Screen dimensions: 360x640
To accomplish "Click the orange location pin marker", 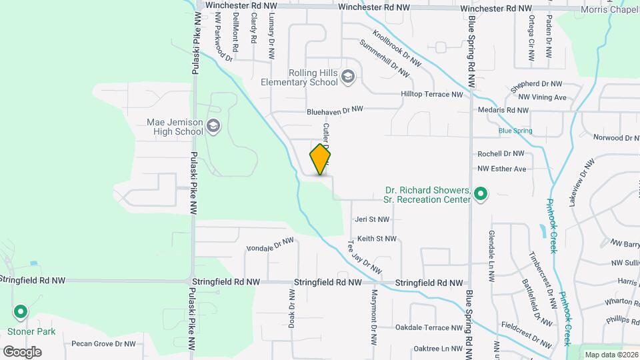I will (321, 159).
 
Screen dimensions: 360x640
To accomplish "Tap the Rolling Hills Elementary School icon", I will (347, 77).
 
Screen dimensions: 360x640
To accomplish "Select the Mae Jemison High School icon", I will (213, 125).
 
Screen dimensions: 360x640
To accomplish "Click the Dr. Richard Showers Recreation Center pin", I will (481, 195).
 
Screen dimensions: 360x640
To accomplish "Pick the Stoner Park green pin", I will (21, 312).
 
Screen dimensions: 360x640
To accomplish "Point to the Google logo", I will (22, 351).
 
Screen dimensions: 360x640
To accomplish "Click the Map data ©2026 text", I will (610, 355).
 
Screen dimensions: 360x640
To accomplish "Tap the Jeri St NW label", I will (372, 219).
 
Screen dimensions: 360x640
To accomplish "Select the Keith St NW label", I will (377, 238).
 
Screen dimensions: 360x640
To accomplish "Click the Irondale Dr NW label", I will (270, 245).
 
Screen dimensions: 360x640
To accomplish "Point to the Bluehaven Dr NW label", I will (335, 109).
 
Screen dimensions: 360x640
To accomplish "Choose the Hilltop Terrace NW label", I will (431, 95).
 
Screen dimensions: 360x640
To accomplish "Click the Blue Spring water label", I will (515, 131).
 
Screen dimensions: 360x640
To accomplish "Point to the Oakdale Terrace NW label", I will (429, 327).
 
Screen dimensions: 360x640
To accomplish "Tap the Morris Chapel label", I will (609, 9).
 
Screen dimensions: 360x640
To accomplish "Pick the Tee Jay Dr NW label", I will (364, 259).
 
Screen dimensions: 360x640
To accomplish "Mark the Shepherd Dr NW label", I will (537, 86).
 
